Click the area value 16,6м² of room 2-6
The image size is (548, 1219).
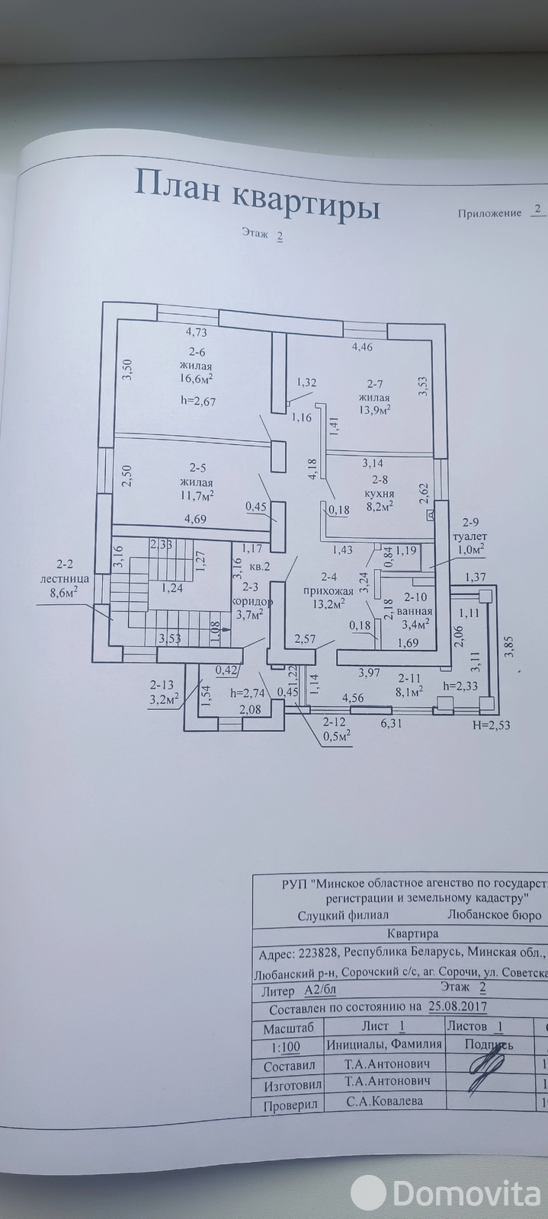(x=195, y=377)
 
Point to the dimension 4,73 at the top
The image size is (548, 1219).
(x=197, y=332)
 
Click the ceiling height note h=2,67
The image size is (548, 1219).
(x=195, y=402)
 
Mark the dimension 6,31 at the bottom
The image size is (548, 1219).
(x=390, y=724)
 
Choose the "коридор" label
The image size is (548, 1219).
(x=248, y=600)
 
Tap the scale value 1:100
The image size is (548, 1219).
(x=286, y=1047)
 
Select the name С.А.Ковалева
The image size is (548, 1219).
(x=383, y=1101)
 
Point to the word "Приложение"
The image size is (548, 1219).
(x=489, y=214)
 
